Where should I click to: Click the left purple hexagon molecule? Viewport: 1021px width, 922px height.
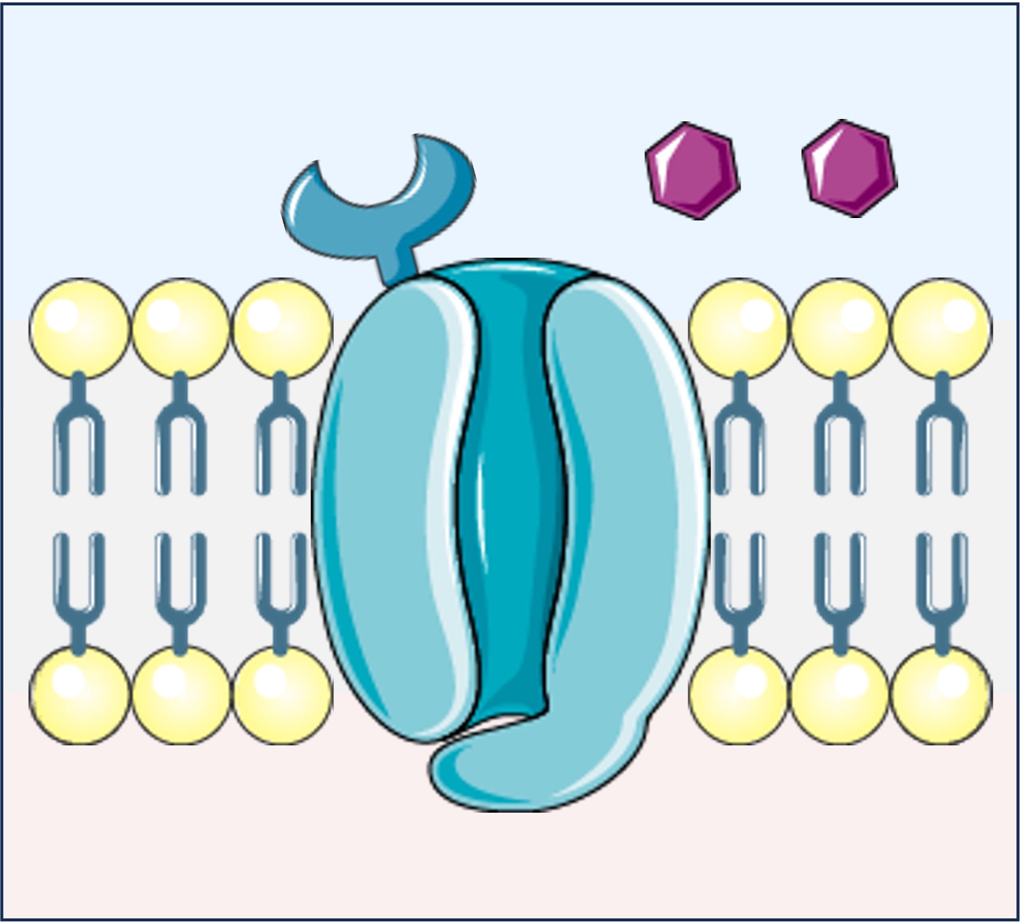point(692,169)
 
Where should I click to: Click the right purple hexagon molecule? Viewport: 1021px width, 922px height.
point(849,168)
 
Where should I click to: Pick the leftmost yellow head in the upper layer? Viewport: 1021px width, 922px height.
point(79,328)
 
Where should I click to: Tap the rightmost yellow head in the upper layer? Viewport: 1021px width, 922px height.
point(941,328)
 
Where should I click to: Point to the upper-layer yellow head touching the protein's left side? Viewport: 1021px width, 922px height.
point(282,328)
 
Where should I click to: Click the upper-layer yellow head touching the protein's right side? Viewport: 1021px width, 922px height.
point(739,328)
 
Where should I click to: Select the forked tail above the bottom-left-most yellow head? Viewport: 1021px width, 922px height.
point(79,589)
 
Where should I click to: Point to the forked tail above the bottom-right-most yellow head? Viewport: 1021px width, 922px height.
point(941,589)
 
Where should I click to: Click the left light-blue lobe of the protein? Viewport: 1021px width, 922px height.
point(384,511)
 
